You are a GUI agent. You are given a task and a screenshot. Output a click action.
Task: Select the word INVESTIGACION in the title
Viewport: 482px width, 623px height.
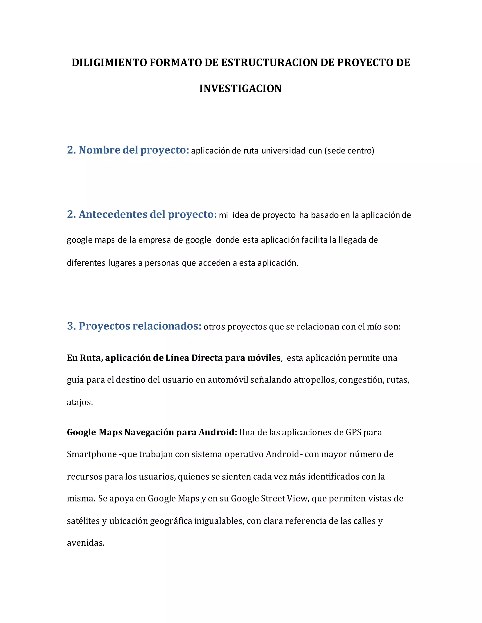[241, 89]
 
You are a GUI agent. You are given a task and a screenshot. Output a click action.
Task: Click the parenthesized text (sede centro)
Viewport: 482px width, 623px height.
[349, 151]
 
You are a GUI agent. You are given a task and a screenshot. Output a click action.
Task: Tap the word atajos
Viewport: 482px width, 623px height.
[80, 402]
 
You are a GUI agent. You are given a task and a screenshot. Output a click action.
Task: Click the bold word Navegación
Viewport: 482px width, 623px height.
[149, 432]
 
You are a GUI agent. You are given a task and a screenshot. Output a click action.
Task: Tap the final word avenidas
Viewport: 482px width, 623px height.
[86, 543]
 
